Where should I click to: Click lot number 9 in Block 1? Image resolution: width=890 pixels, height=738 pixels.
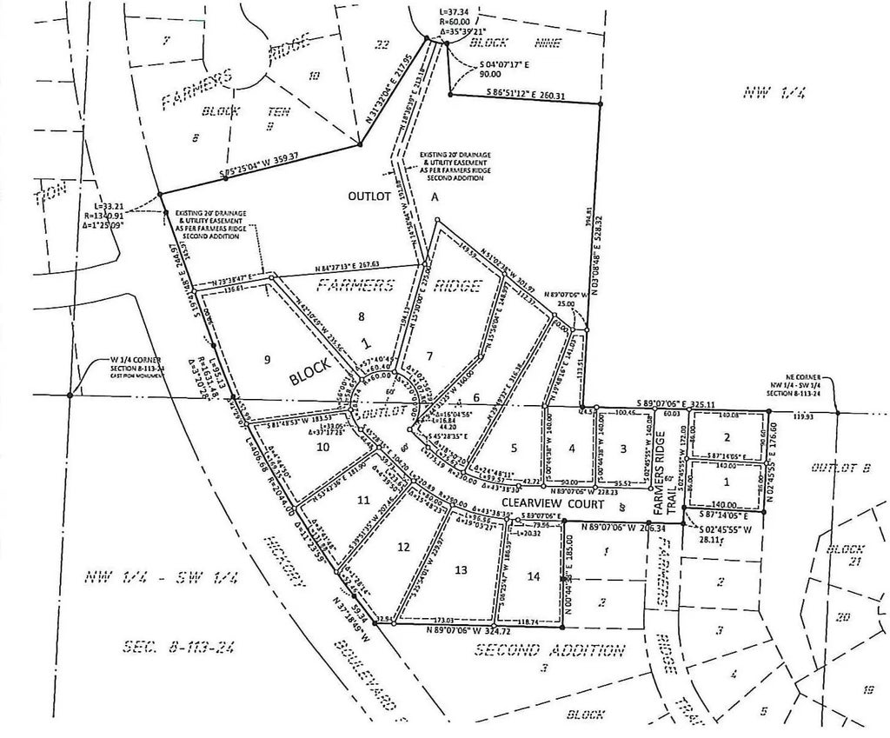point(269,358)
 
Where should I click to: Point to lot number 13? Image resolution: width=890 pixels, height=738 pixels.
point(461,568)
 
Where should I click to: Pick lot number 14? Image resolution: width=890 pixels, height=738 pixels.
point(533,576)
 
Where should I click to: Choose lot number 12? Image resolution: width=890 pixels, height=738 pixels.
point(402,547)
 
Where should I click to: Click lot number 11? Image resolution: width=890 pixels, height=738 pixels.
point(363,500)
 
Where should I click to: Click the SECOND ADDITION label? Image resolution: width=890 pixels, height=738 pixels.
point(549,649)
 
